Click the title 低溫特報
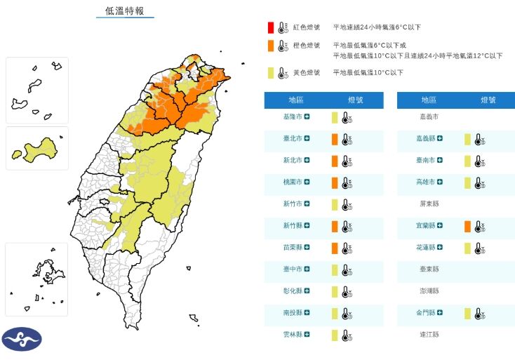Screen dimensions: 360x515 [x=125, y=11]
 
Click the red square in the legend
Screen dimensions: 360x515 [x=269, y=28]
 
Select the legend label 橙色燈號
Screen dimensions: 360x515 [x=306, y=46]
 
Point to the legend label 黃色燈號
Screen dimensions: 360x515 [x=306, y=72]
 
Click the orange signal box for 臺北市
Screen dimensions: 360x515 [x=335, y=139]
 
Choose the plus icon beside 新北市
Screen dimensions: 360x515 [x=307, y=161]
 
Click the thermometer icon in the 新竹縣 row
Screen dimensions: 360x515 [x=345, y=226]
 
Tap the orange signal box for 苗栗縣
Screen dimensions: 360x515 [x=335, y=248]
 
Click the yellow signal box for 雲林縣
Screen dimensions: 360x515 [x=335, y=335]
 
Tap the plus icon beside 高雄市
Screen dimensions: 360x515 [x=440, y=182]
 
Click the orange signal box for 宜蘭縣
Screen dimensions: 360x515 [x=467, y=226]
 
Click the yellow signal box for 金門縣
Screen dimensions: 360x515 [x=467, y=313]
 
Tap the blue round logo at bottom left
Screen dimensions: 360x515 [x=22, y=339]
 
